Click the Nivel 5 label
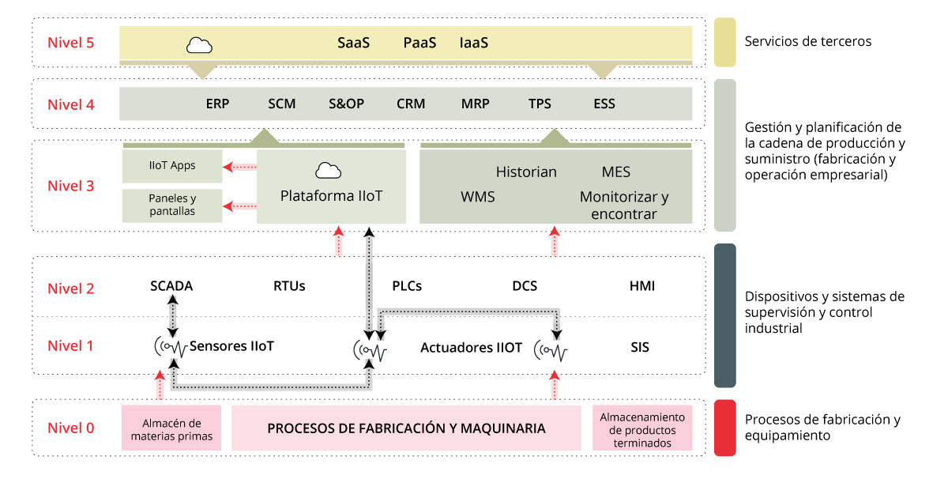tap(71, 43)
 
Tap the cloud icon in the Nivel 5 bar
tap(199, 45)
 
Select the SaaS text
tap(354, 43)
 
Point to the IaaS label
tap(474, 43)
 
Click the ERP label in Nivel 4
tap(217, 104)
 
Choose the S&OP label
tap(347, 104)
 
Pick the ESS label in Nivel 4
tap(604, 104)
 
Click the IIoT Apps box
tap(172, 166)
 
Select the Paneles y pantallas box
tap(172, 206)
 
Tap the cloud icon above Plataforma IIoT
tap(328, 170)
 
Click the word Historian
tap(526, 172)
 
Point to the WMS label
tap(478, 196)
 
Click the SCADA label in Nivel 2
tap(171, 286)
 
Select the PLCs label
tap(407, 286)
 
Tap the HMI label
tap(642, 286)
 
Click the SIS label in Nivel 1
tap(640, 346)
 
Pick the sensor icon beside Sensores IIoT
tap(171, 347)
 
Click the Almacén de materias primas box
tap(172, 429)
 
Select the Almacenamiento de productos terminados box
tap(642, 429)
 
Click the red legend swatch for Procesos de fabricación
tap(724, 428)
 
